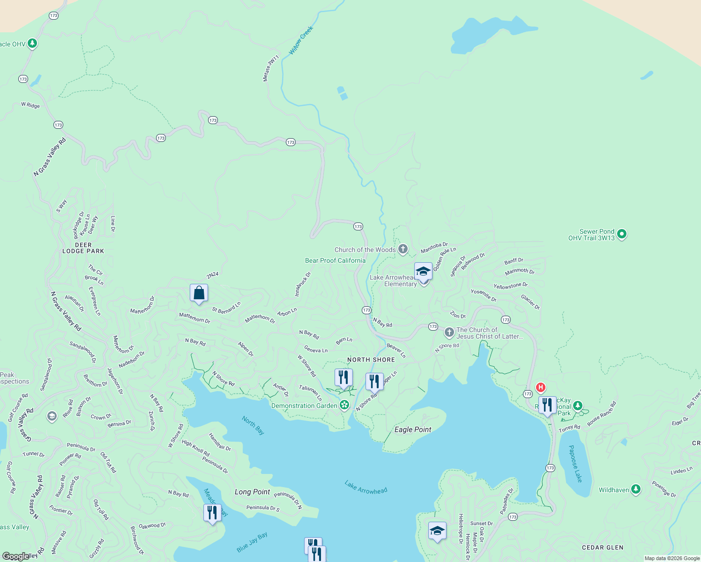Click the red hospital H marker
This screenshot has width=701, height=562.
pyautogui.click(x=541, y=387)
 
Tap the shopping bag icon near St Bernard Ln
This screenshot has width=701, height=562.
pyautogui.click(x=199, y=293)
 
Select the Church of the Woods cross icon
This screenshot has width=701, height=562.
pyautogui.click(x=403, y=249)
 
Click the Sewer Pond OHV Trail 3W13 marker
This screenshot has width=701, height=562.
pyautogui.click(x=622, y=234)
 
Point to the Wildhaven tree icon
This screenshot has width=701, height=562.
pyautogui.click(x=635, y=489)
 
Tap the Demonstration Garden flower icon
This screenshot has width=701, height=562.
pyautogui.click(x=344, y=405)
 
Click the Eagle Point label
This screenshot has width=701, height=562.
pyautogui.click(x=413, y=429)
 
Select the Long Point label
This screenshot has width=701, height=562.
pyautogui.click(x=252, y=492)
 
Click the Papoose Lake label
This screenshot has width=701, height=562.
pyautogui.click(x=575, y=464)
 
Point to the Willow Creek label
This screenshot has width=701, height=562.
pyautogui.click(x=301, y=40)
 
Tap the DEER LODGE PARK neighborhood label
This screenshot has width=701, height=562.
pyautogui.click(x=83, y=248)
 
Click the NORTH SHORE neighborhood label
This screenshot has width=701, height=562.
pyautogui.click(x=371, y=360)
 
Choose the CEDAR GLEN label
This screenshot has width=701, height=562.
pyautogui.click(x=602, y=547)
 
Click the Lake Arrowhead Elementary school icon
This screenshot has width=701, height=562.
pyautogui.click(x=423, y=272)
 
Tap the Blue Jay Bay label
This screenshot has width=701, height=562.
pyautogui.click(x=252, y=542)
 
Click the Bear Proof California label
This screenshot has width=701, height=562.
pyautogui.click(x=335, y=260)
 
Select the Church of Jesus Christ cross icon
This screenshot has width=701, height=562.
pyautogui.click(x=449, y=333)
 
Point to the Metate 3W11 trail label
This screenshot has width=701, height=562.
pyautogui.click(x=270, y=68)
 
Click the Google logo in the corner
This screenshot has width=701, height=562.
pyautogui.click(x=16, y=556)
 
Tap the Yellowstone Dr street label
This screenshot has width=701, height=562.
pyautogui.click(x=510, y=286)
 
